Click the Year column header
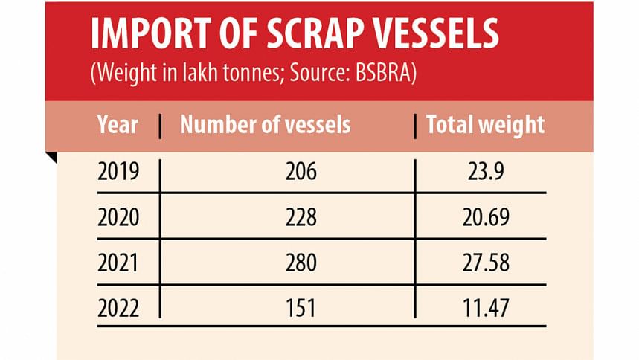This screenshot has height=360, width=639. tap(118, 124)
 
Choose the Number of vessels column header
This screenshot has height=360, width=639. tap(265, 124)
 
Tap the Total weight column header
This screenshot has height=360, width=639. tap(485, 124)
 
